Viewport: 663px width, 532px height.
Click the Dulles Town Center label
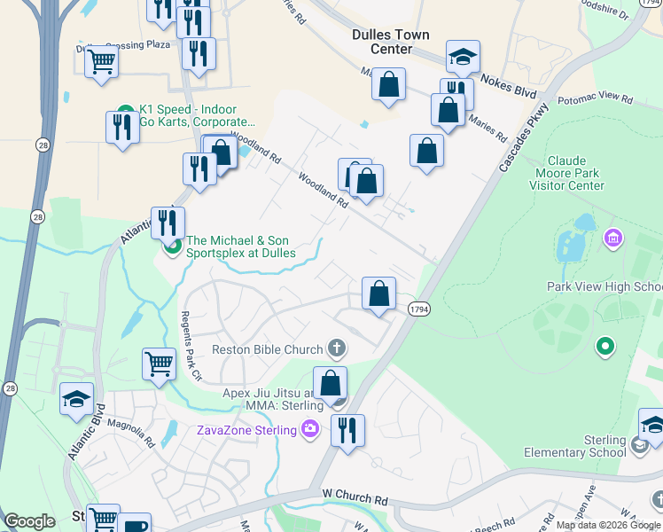coord(390,42)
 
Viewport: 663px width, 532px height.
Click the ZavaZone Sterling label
coord(246,431)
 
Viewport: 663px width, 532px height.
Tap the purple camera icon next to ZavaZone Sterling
coord(309,431)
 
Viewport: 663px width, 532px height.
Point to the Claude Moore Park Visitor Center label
coord(566,174)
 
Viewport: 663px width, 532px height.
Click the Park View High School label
coord(604,286)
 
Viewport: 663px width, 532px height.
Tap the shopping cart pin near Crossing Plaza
coord(102,63)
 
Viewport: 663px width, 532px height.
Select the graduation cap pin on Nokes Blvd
coord(463,59)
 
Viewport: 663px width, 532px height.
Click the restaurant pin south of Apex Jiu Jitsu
coord(347,432)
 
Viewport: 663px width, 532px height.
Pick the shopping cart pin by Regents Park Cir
coord(159,363)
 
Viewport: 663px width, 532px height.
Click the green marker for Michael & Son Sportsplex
coord(174,246)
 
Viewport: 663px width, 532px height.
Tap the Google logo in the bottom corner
coord(29,521)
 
